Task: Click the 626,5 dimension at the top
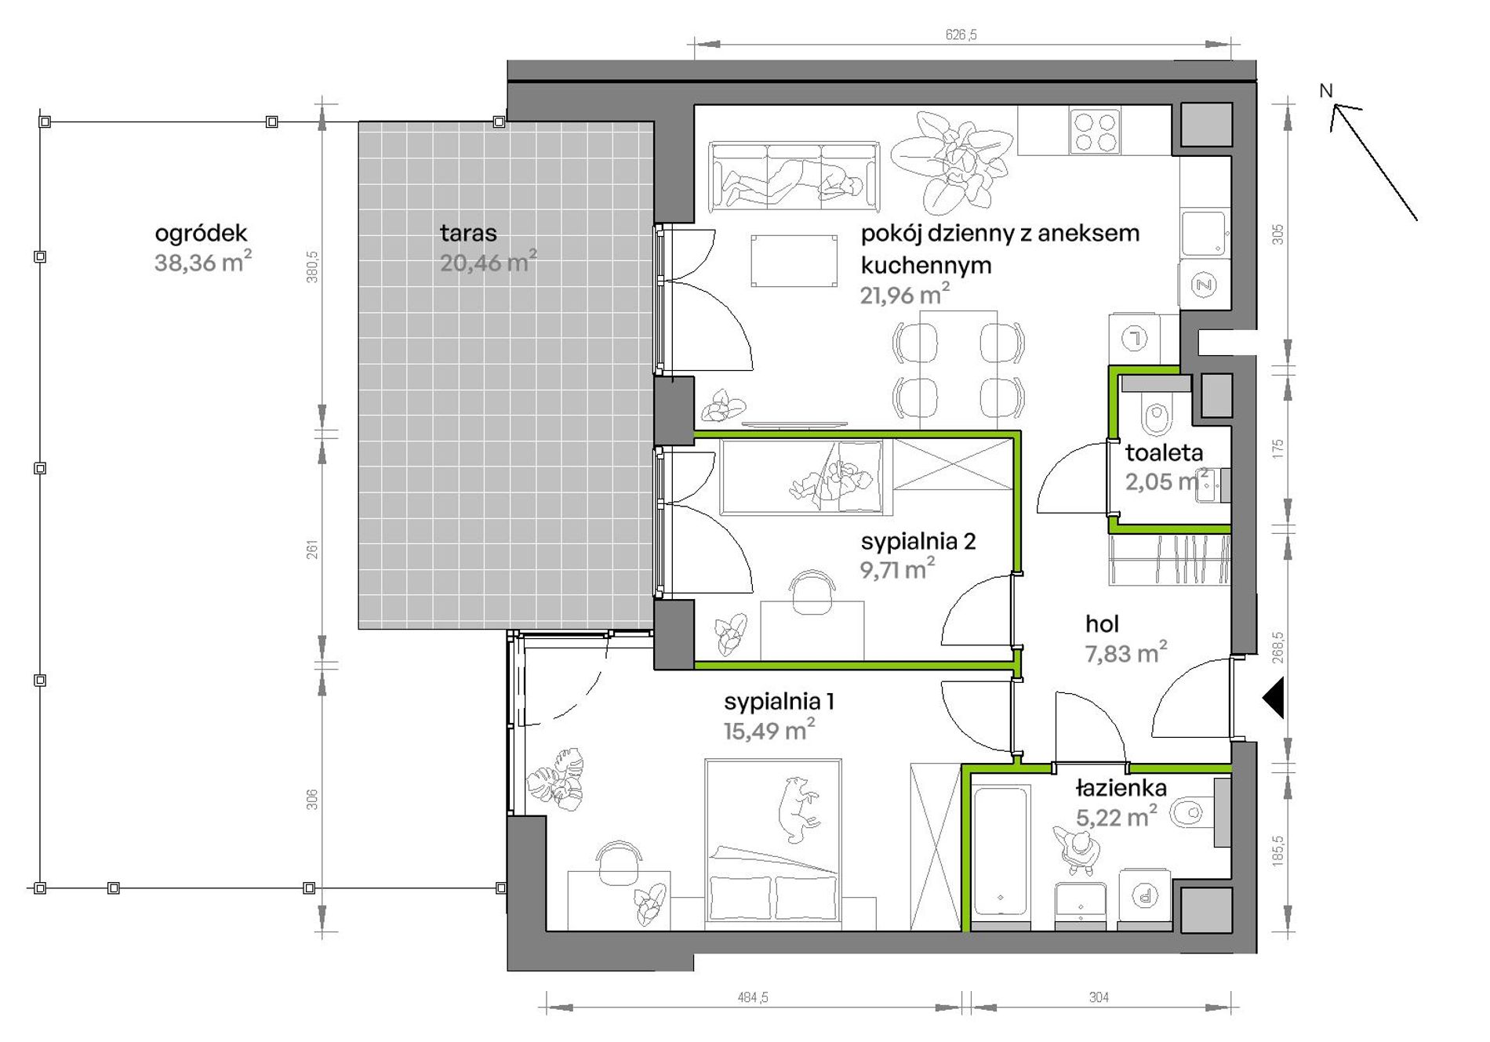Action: (961, 34)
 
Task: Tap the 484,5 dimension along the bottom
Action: (752, 997)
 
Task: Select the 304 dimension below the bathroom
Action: (1099, 997)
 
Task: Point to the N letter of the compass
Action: (1326, 91)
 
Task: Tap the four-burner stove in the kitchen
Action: (1096, 132)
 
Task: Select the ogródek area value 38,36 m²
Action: (203, 262)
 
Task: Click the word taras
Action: (468, 233)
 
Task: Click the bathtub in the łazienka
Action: (1001, 851)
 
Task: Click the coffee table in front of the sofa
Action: (794, 261)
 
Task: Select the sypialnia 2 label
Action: (918, 541)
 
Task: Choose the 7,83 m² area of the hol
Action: (1126, 652)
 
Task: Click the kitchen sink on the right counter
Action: (1204, 233)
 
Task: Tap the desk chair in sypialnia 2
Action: (812, 593)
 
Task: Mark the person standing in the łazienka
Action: (1081, 850)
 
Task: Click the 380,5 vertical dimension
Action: (312, 267)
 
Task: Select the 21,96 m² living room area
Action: (905, 295)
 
